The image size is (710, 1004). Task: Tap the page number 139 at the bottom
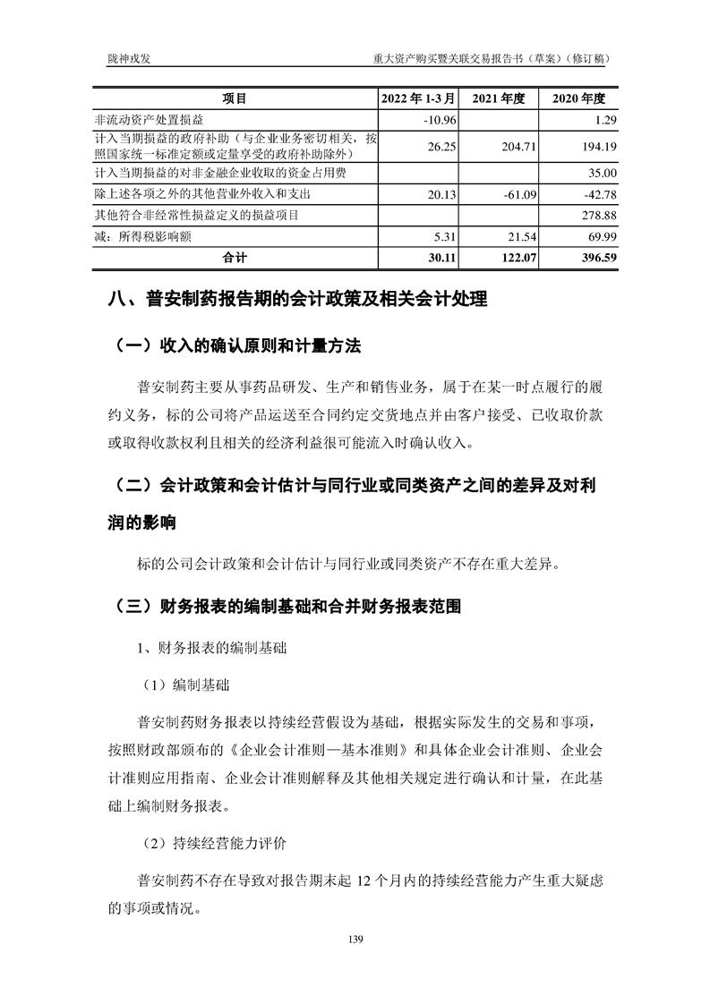pyautogui.click(x=355, y=939)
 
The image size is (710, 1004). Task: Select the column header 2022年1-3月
pyautogui.click(x=419, y=98)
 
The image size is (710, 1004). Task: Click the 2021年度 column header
pyautogui.click(x=498, y=98)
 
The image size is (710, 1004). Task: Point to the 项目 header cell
pyautogui.click(x=235, y=98)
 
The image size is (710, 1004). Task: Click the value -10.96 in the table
pyautogui.click(x=439, y=120)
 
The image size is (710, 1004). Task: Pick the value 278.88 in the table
pyautogui.click(x=598, y=215)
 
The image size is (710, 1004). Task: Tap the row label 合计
pyautogui.click(x=235, y=258)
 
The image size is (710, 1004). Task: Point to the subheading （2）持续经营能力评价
pyautogui.click(x=213, y=843)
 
